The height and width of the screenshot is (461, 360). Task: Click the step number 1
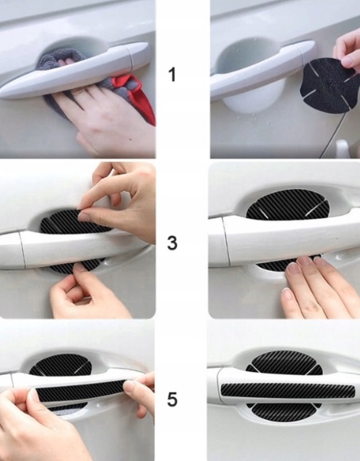(172, 75)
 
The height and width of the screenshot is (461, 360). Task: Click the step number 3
(172, 243)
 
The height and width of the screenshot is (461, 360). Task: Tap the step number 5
(172, 400)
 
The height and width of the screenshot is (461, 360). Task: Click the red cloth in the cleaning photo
(138, 94)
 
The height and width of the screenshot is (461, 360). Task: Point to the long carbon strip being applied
(81, 391)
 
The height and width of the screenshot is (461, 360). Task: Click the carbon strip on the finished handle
(288, 390)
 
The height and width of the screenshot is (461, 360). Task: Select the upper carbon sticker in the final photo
(285, 362)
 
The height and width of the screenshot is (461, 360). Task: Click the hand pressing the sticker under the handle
(317, 288)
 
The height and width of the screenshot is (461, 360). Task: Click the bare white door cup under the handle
(253, 97)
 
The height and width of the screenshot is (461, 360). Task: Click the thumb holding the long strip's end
(130, 389)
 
